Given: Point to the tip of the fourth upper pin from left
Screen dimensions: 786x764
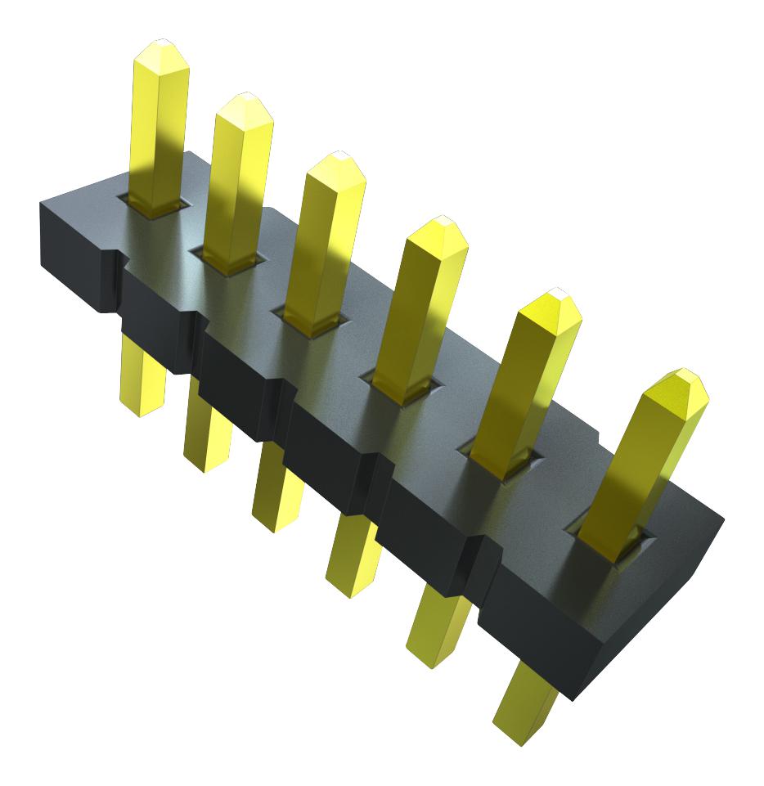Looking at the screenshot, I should pyautogui.click(x=440, y=222).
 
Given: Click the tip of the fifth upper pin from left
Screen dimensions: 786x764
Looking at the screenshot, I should pyautogui.click(x=554, y=293).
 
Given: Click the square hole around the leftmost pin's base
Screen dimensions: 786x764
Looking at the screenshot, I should pyautogui.click(x=152, y=206).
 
